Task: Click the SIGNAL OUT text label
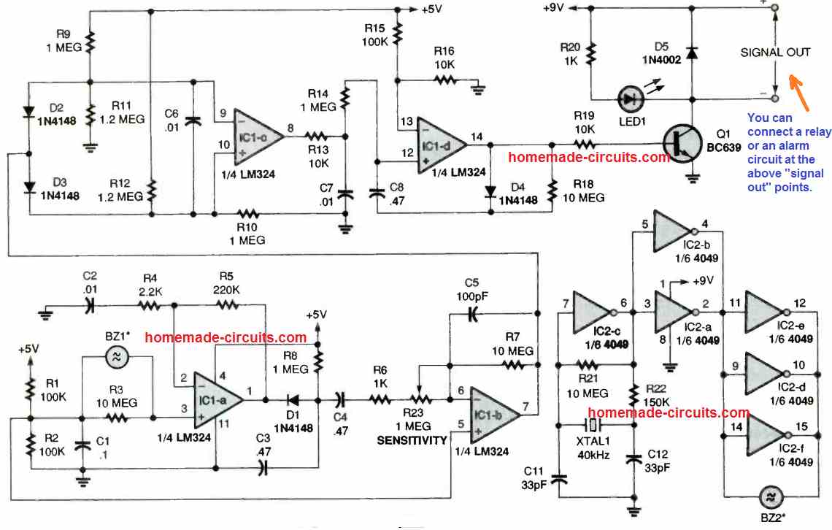point(775,53)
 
